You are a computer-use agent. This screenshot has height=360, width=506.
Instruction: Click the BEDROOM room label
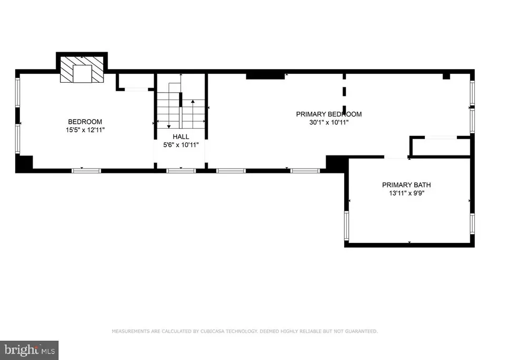(85, 122)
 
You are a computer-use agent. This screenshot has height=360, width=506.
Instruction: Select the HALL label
(181, 137)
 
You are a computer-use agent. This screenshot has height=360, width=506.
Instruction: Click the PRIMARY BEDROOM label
(329, 114)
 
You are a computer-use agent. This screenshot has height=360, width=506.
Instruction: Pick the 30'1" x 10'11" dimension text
(329, 122)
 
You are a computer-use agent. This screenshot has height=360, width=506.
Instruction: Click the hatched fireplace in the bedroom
(82, 70)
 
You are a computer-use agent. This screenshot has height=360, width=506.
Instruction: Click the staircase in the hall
(181, 105)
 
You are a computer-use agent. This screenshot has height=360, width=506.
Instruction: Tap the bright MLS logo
(29, 349)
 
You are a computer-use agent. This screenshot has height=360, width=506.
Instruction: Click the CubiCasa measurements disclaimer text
(245, 332)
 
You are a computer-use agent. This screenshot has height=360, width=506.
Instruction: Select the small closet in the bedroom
(135, 81)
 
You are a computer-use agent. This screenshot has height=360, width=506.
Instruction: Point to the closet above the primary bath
(441, 147)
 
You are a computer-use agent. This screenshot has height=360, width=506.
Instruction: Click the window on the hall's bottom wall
(181, 170)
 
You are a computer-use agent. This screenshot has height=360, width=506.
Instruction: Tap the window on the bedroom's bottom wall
(86, 170)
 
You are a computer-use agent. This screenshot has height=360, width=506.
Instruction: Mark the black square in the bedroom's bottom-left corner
(24, 163)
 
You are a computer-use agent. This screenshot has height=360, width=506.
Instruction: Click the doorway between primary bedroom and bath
(397, 157)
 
